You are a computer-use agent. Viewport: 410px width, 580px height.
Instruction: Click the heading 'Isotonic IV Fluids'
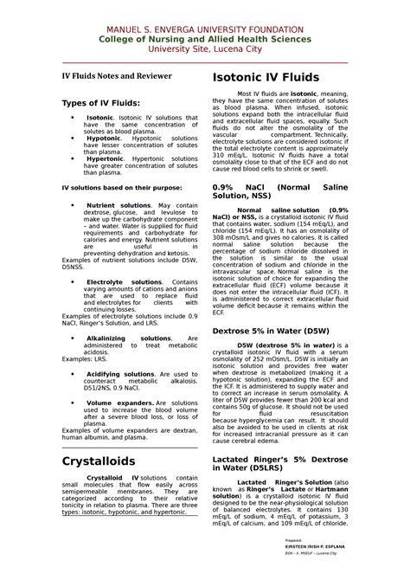click(x=267, y=78)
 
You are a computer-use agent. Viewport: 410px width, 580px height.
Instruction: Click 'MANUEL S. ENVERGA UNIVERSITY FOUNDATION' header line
click(x=204, y=30)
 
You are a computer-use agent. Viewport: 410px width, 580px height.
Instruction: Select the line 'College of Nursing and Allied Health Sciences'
click(x=204, y=40)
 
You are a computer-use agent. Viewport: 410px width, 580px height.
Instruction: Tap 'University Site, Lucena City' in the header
click(x=204, y=49)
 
